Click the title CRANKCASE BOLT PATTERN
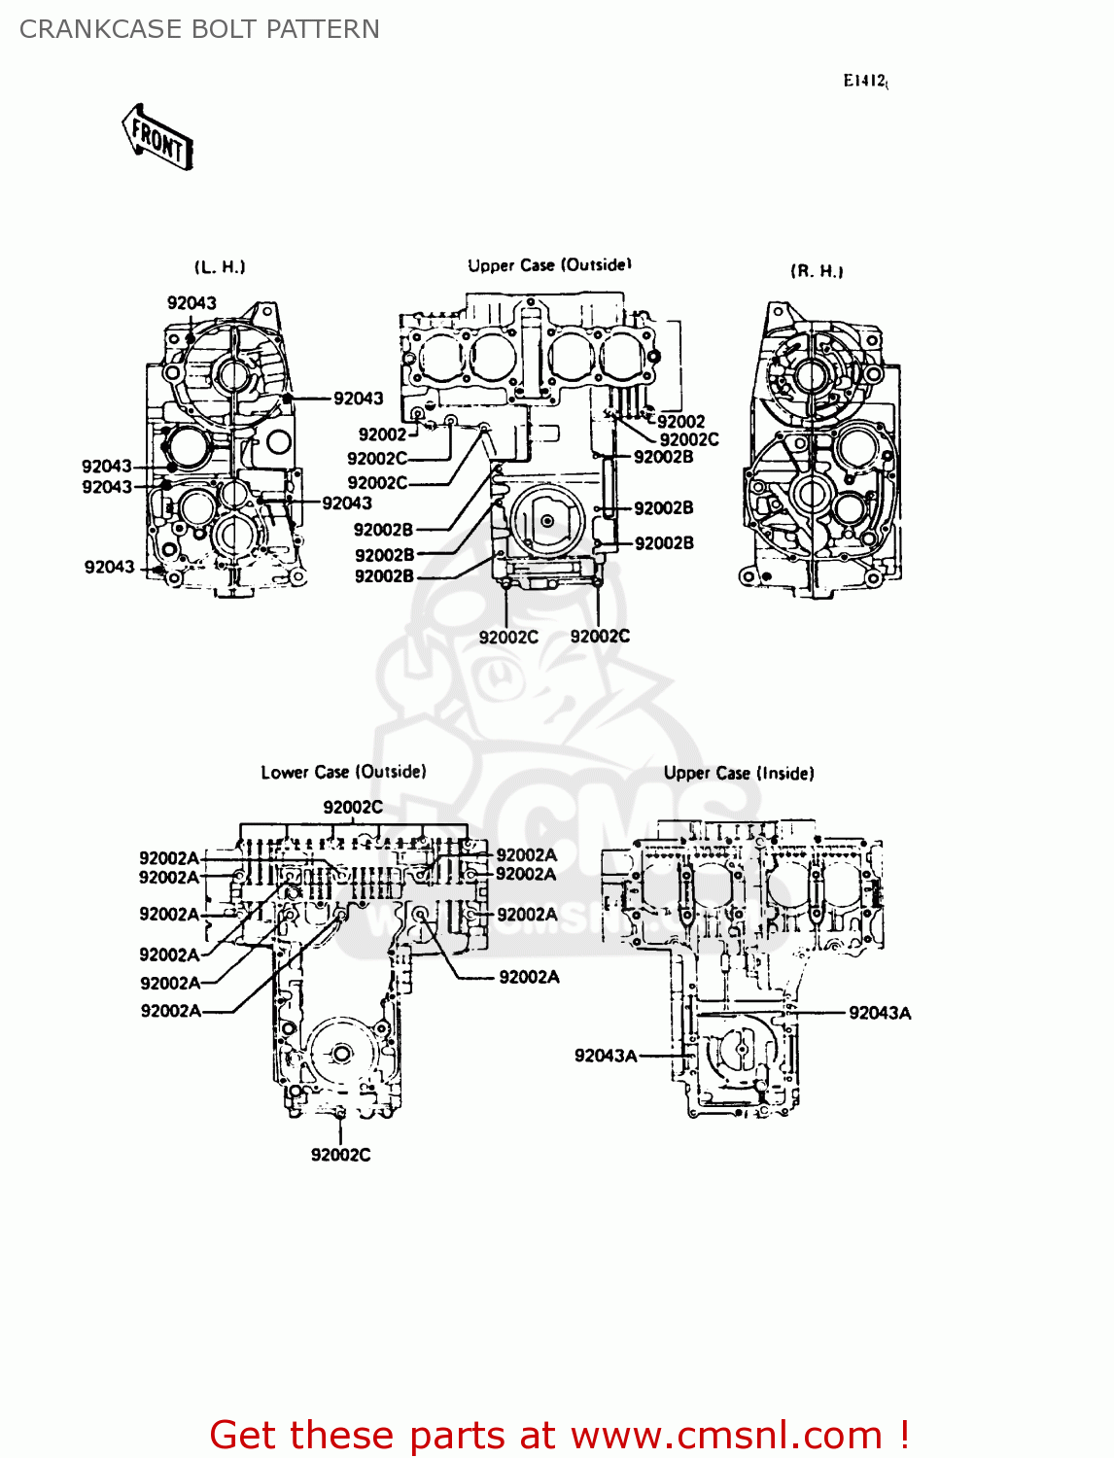199,29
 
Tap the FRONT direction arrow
157,138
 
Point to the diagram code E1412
864,81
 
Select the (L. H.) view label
220,267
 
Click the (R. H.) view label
817,271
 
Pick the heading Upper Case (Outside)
549,265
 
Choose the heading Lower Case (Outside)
343,772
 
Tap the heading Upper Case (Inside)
739,773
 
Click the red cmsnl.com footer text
559,1435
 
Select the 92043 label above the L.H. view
191,303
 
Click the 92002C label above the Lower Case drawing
353,807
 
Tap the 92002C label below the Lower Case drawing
340,1155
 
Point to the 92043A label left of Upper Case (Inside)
606,1056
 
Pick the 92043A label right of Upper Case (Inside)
880,1013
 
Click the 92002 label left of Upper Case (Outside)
382,434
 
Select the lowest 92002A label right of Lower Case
529,977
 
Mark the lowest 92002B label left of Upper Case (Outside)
384,576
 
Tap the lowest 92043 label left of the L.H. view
109,567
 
